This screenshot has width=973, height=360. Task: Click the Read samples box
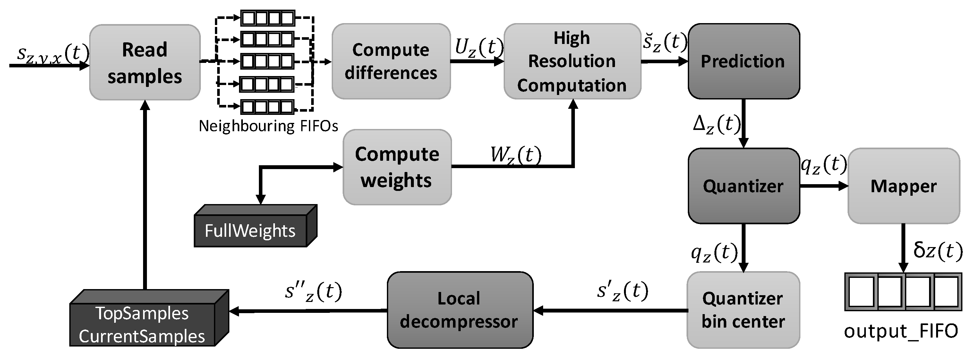[145, 62]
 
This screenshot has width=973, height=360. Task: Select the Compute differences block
[391, 62]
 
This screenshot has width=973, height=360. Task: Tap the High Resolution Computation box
[572, 62]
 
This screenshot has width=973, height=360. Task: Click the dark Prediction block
[743, 62]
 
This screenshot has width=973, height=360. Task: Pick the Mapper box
[903, 186]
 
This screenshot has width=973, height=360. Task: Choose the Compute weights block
[397, 167]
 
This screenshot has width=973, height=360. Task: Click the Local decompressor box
[459, 310]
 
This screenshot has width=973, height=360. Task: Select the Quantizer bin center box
[743, 310]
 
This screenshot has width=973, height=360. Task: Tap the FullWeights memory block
[250, 230]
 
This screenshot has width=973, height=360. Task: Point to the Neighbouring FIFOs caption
[268, 126]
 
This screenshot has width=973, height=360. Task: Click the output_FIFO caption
[901, 331]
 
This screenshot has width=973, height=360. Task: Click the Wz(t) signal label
[516, 155]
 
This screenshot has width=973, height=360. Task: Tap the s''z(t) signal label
[313, 292]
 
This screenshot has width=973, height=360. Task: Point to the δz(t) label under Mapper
[937, 251]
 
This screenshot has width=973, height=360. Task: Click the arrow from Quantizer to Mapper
[824, 186]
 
